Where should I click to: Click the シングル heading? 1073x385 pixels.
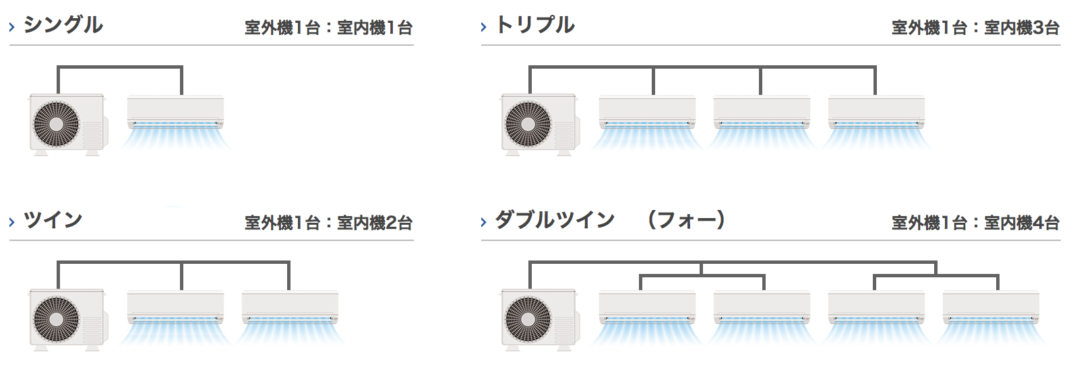(x=63, y=25)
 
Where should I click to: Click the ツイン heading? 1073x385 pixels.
(x=53, y=220)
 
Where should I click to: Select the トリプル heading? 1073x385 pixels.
(x=535, y=25)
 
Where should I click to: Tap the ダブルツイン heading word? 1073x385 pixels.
(x=555, y=220)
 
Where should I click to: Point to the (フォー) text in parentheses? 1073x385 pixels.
(x=686, y=220)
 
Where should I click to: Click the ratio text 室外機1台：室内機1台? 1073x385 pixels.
(x=328, y=28)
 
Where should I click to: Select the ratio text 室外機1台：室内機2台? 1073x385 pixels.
(x=328, y=223)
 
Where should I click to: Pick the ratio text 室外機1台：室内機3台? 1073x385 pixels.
(x=975, y=28)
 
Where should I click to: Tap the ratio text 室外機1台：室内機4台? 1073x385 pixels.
(x=975, y=223)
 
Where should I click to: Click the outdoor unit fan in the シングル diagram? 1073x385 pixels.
(x=57, y=124)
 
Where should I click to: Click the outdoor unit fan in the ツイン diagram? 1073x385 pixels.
(x=57, y=319)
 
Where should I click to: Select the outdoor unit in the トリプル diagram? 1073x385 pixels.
(x=539, y=125)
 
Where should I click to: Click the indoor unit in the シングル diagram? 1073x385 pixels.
(x=175, y=112)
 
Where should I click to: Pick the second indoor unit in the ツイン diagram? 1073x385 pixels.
(x=290, y=307)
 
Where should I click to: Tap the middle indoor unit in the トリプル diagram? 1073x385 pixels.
(x=762, y=112)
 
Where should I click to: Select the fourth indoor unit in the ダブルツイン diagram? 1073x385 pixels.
(x=991, y=307)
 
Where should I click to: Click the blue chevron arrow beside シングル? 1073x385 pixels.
(x=12, y=27)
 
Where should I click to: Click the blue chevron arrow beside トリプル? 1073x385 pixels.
(x=484, y=27)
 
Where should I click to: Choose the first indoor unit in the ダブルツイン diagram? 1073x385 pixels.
(x=647, y=307)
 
